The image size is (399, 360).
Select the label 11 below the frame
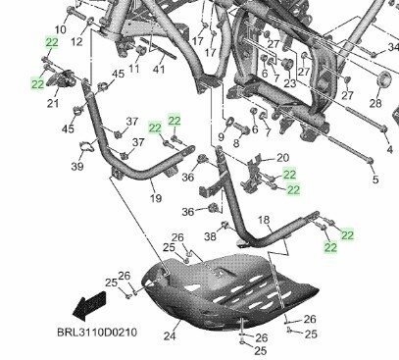pyautogui.click(x=134, y=69)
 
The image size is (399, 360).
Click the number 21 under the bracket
pyautogui.click(x=53, y=104)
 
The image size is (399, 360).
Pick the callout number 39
pyautogui.click(x=76, y=167)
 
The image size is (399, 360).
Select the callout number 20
pyautogui.click(x=282, y=157)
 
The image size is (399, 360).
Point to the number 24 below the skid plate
pyautogui.click(x=169, y=336)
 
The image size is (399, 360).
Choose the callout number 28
pyautogui.click(x=374, y=104)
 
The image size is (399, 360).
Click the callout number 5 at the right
pyautogui.click(x=374, y=181)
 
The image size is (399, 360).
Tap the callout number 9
pyautogui.click(x=221, y=137)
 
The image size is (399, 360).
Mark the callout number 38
pyautogui.click(x=208, y=237)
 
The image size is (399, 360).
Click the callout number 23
pyautogui.click(x=288, y=83)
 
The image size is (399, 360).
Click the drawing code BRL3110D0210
pyautogui.click(x=96, y=333)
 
